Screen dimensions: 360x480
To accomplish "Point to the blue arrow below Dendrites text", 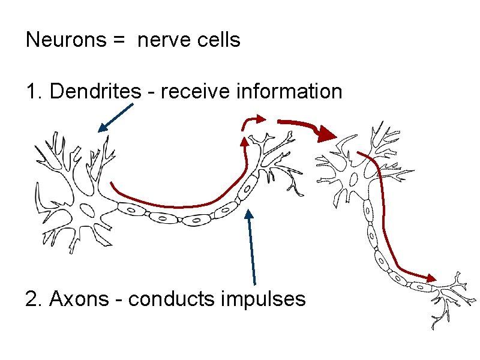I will click(115, 117).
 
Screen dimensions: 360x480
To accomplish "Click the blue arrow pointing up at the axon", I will click(252, 246).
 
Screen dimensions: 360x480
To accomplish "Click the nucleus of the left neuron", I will click(86, 209).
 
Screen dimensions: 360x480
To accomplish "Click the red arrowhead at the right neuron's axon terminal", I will click(430, 278).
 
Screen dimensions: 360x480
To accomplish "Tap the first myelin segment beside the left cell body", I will click(131, 209).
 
